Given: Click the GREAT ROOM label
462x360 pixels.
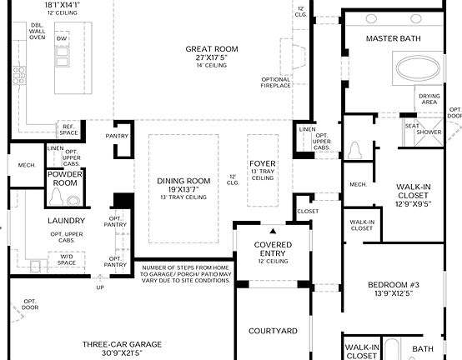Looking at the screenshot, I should (212, 49).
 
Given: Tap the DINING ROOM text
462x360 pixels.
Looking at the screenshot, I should (183, 180).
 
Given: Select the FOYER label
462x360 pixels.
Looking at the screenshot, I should (262, 163).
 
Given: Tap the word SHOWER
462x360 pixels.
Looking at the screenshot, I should (429, 132).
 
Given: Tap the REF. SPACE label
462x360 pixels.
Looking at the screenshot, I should (68, 130).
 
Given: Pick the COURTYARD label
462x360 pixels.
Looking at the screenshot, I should (273, 331).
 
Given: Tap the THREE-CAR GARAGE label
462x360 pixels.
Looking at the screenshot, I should (123, 343).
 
